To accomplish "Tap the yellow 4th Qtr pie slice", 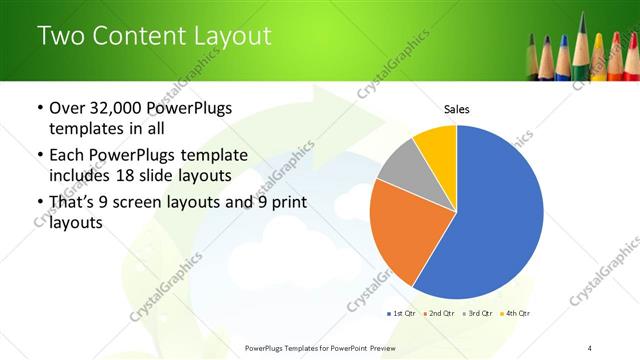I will pos(438,145).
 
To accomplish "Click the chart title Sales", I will pos(456,109).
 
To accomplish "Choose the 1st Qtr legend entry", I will pos(400,313).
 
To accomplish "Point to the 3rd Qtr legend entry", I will pos(477,313).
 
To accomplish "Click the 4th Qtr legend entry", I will pos(515,313).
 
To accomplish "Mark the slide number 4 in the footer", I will pos(590,347).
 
